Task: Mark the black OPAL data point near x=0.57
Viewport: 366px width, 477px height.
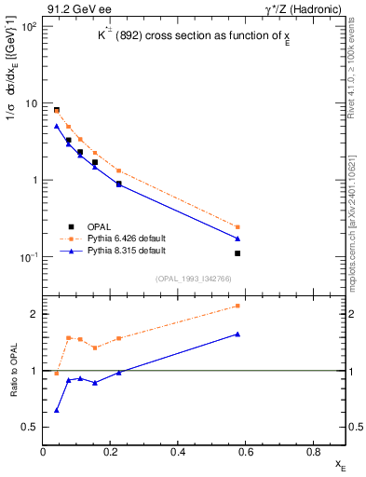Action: pos(237,253)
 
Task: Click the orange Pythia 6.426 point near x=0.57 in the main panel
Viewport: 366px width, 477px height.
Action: pos(237,226)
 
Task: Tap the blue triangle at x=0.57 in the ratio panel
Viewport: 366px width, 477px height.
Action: pos(237,334)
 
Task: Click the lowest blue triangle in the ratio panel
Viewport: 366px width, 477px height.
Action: pos(57,410)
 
